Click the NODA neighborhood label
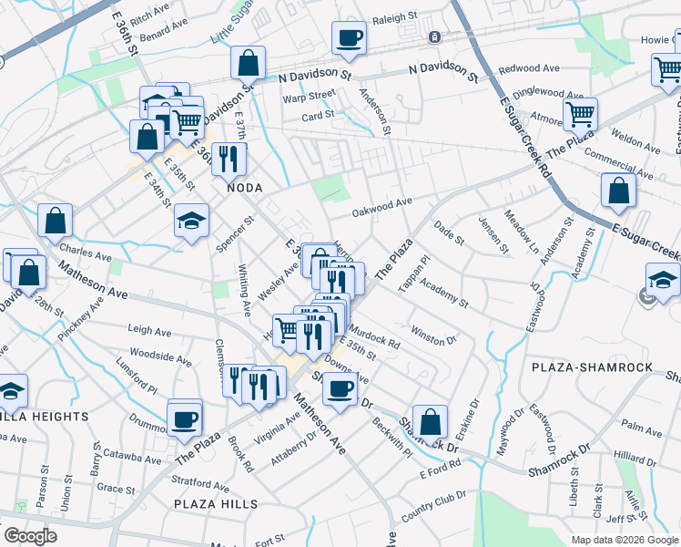[245, 187]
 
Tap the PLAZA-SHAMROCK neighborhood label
[602, 366]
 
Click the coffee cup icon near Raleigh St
[350, 38]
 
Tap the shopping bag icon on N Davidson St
[248, 64]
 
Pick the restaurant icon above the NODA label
[229, 159]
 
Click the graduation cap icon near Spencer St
[191, 222]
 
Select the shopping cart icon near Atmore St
[579, 115]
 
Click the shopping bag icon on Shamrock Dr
[431, 423]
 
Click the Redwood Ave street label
[529, 68]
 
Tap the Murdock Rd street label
[374, 339]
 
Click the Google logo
[30, 536]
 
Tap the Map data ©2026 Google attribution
[624, 540]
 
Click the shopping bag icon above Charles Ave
[56, 221]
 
